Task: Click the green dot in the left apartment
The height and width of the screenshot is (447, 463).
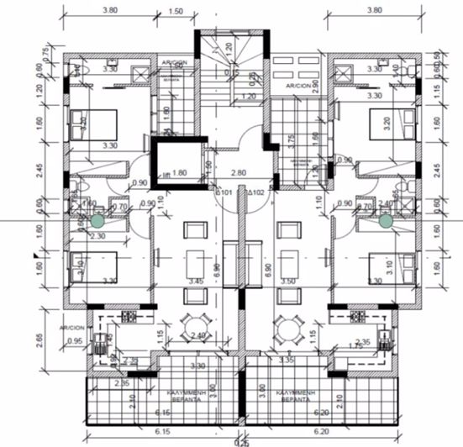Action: coord(98,221)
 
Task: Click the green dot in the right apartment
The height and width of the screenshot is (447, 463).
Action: coord(386,221)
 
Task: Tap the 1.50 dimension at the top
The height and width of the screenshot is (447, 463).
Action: coord(176,13)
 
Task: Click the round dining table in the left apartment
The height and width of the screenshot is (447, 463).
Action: coord(195,328)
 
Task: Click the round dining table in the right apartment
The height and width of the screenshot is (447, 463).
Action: coord(290,328)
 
